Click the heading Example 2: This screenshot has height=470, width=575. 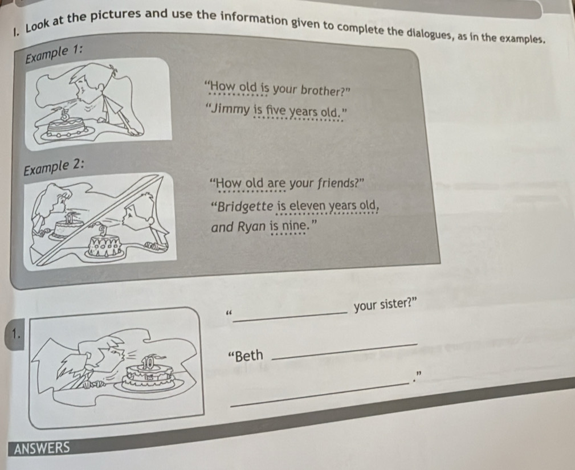[54, 167]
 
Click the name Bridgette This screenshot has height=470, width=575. [245, 207]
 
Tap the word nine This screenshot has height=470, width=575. [293, 226]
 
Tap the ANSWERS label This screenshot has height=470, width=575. [42, 448]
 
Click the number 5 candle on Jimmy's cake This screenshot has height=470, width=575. [65, 115]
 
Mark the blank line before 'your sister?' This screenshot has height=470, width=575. [291, 317]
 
